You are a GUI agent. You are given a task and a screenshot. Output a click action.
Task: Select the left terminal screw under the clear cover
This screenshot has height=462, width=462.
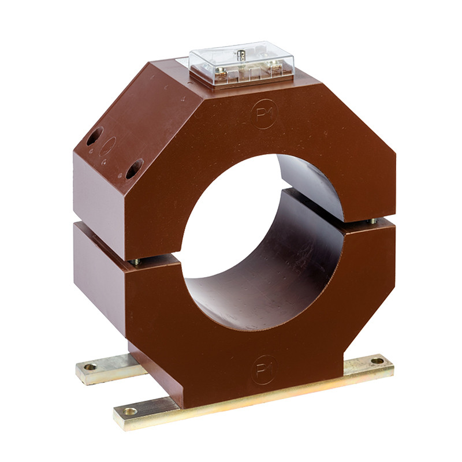coord(221,70)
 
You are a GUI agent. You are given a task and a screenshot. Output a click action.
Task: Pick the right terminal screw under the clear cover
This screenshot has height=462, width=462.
coord(274,63)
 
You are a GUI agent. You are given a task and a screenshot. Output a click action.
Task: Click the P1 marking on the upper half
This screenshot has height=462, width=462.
coord(264,114)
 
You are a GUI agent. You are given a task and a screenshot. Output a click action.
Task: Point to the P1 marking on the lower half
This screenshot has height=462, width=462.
coord(264,370)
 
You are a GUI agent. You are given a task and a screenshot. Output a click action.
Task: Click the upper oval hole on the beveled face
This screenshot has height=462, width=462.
coord(95,136)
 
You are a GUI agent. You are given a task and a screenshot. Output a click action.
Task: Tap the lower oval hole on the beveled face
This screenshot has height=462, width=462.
coord(135,169)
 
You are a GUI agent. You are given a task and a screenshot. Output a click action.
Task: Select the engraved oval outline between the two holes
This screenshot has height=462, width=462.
coord(107,146)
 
